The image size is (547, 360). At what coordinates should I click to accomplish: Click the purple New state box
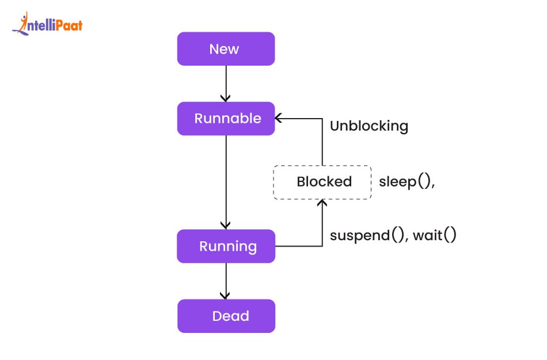coord(226,49)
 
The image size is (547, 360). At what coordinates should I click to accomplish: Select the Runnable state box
coord(226,119)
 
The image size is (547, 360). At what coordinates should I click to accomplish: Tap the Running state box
coord(226,247)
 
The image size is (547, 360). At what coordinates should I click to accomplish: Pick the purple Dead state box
coord(226,316)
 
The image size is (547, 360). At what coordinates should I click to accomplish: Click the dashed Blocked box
coord(322,182)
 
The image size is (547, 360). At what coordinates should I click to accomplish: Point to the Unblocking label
coord(369,126)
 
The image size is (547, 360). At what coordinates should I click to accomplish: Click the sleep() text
coord(406,182)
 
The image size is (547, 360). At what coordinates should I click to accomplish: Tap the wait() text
coord(435,235)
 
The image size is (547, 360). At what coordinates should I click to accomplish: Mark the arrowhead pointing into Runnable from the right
coord(279,119)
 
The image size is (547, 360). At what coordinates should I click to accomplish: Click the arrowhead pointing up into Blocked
coord(322,203)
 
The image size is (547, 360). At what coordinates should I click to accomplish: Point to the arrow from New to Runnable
coord(226,84)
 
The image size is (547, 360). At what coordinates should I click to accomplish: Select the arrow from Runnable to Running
coord(226,181)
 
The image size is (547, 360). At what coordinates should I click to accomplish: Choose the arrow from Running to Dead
coord(226,281)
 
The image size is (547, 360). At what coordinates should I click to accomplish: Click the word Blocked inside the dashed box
coord(324,182)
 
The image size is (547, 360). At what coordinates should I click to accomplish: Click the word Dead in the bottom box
coord(230,316)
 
